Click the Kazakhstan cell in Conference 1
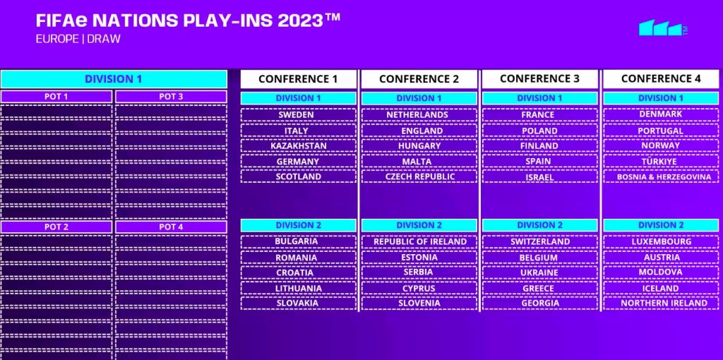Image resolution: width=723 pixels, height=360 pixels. click(299, 145)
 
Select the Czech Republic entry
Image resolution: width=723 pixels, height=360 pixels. click(419, 176)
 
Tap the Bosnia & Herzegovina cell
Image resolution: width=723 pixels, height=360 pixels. click(661, 176)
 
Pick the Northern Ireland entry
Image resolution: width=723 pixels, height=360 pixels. click(661, 304)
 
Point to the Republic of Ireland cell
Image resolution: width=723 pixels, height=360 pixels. click(419, 241)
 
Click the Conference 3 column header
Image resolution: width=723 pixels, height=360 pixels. click(539, 79)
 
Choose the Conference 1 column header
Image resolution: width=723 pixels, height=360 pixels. click(299, 79)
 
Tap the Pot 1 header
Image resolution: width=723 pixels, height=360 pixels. click(56, 97)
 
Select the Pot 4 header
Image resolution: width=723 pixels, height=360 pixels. click(171, 227)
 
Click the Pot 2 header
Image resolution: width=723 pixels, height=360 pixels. click(56, 227)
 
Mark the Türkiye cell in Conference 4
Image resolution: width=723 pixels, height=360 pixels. click(661, 162)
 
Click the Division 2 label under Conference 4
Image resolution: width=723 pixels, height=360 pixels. click(661, 225)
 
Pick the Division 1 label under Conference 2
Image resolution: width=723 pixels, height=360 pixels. click(419, 98)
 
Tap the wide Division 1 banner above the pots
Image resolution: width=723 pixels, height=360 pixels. click(114, 79)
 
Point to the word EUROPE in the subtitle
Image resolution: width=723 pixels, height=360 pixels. click(57, 40)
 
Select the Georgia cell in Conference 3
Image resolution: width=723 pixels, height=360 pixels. click(540, 304)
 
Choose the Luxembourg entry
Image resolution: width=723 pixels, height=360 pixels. click(661, 241)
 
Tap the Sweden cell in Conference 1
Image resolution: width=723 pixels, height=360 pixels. click(299, 115)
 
